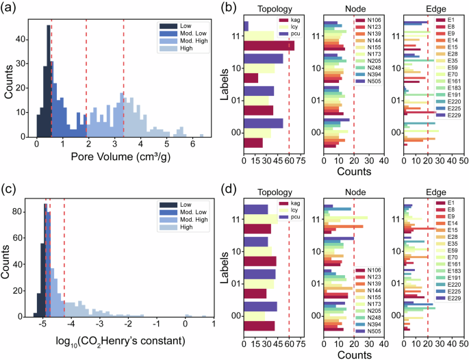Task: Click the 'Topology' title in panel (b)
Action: [x=271, y=10]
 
